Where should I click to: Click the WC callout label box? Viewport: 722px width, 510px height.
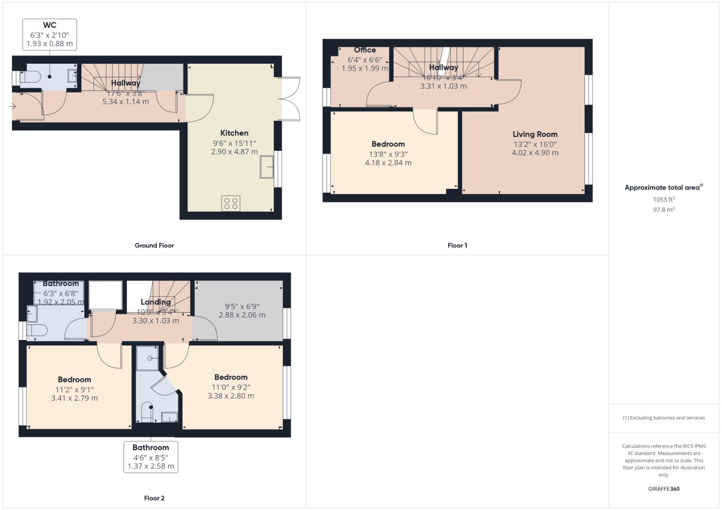click(x=50, y=34)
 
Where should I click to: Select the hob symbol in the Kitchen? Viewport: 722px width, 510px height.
click(x=231, y=204)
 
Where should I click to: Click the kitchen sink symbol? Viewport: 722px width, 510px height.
click(x=267, y=167)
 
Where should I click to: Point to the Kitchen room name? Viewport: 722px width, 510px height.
click(x=234, y=133)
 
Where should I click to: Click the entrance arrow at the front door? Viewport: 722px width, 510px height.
click(x=12, y=107)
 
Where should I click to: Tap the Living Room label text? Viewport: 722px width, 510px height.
click(x=535, y=134)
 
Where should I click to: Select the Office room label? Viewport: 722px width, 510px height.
click(x=365, y=50)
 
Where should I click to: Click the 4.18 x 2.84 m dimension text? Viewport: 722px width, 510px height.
click(x=388, y=163)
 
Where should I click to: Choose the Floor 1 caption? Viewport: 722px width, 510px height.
click(x=457, y=246)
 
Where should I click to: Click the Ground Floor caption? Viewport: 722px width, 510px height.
click(x=154, y=246)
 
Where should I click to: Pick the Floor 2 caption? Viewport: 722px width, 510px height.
click(x=154, y=498)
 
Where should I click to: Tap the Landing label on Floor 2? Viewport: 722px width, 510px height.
click(x=156, y=302)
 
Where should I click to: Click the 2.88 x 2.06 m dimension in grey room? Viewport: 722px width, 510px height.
click(x=242, y=315)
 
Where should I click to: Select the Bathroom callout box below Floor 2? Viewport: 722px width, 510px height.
click(x=150, y=457)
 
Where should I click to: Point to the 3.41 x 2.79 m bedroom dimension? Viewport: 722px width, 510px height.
click(x=74, y=398)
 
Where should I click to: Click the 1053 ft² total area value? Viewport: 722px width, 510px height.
click(x=663, y=199)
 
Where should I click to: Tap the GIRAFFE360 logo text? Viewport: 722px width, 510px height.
click(x=663, y=489)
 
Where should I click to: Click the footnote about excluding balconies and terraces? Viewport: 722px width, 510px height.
click(x=663, y=418)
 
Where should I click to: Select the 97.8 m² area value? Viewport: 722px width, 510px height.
click(x=663, y=210)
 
